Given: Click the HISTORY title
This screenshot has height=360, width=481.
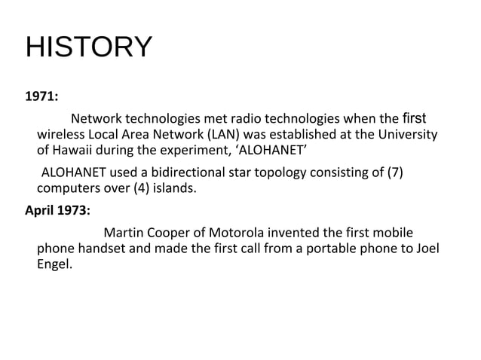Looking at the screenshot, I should point(88,47).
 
